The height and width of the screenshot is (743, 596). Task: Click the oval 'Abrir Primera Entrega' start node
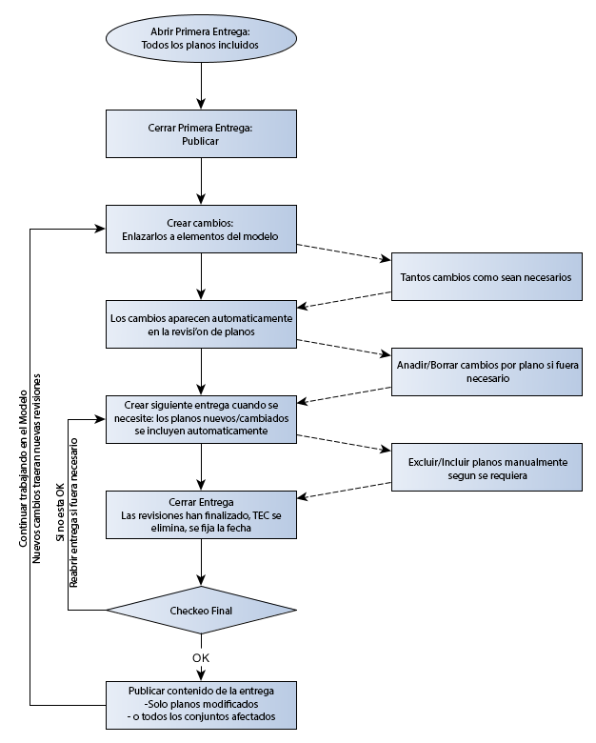(x=200, y=38)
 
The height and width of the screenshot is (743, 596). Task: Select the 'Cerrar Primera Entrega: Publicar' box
(x=200, y=133)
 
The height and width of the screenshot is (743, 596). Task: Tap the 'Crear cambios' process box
(x=200, y=230)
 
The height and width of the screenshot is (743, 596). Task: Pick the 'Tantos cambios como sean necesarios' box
(x=487, y=277)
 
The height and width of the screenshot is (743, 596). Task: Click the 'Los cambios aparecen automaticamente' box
(x=200, y=325)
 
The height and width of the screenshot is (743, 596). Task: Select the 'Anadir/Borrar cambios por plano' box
(x=487, y=371)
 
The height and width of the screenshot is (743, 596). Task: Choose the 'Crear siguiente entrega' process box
(x=200, y=418)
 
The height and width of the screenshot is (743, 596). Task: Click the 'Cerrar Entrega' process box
(x=200, y=514)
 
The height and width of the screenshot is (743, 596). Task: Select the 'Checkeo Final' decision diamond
(x=200, y=610)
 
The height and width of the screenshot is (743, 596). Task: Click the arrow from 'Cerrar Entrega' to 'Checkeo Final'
(x=200, y=561)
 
